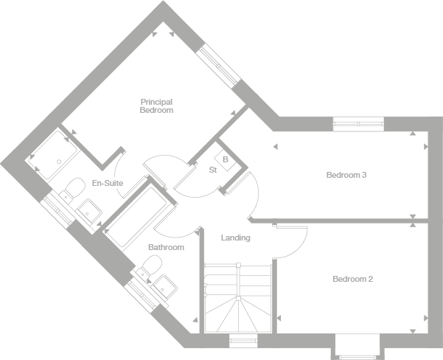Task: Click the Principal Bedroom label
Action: pyautogui.click(x=156, y=105)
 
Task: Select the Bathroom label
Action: pyautogui.click(x=166, y=247)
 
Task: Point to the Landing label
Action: pyautogui.click(x=236, y=238)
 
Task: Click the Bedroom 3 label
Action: pyautogui.click(x=346, y=175)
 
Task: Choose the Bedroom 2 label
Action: pyautogui.click(x=352, y=279)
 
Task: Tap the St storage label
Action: pyautogui.click(x=212, y=170)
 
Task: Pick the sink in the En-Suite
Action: pyautogui.click(x=90, y=210)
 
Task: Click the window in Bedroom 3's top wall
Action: pyautogui.click(x=357, y=122)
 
